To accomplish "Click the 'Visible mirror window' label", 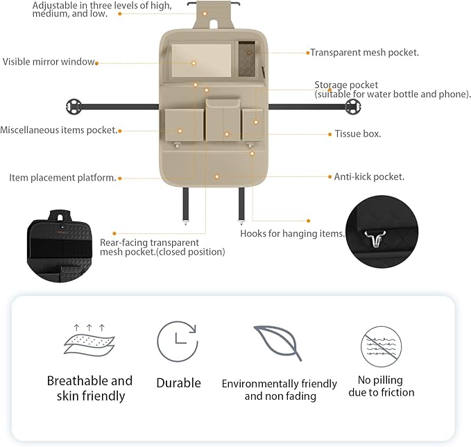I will coord(48,62).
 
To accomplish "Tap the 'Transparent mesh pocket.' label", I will coord(364,52).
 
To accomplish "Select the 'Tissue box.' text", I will coord(357,134).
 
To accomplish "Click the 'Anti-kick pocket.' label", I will coord(369,177).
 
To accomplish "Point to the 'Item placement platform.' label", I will coord(62,178).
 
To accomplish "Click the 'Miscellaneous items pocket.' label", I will coord(58,130).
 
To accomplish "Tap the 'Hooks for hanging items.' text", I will coord(292,234).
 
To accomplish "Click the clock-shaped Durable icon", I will coord(178,342).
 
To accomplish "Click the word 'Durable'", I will coord(178,383).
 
